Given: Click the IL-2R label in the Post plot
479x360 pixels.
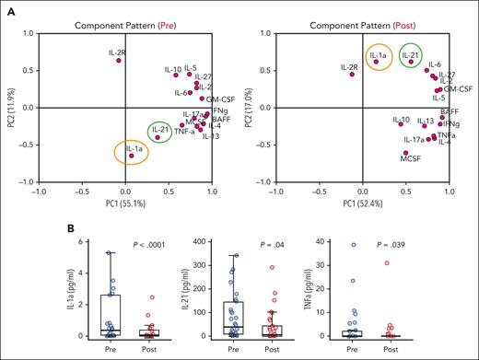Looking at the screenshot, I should (348, 67).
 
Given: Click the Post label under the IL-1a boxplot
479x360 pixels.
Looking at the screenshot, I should (148, 350).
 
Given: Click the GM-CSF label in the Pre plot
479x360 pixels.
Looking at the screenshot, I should (219, 99).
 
